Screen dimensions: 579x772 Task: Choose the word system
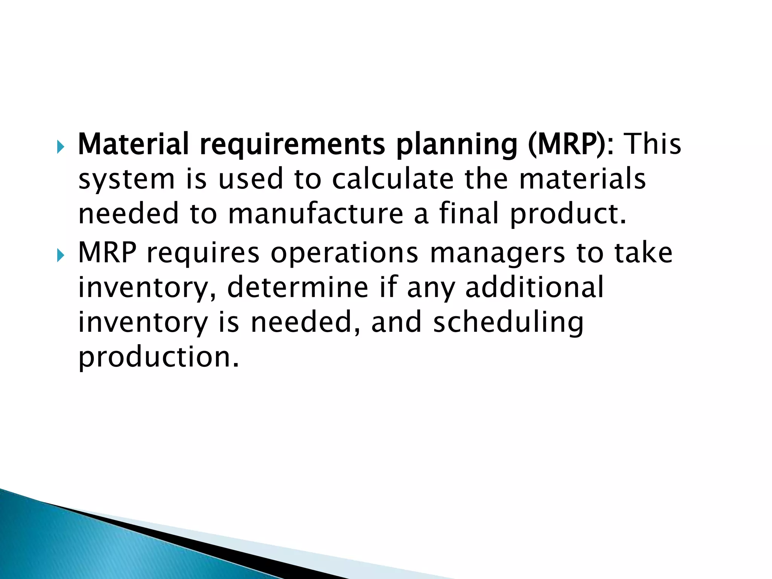coord(127,179)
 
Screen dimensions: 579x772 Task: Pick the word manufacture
coord(316,213)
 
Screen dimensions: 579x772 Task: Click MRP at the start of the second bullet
coord(107,253)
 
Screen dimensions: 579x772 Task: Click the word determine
coord(297,287)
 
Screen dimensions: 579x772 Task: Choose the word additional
coord(535,287)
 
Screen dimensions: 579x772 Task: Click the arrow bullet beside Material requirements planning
coord(61,146)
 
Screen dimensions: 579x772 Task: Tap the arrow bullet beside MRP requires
coord(61,255)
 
